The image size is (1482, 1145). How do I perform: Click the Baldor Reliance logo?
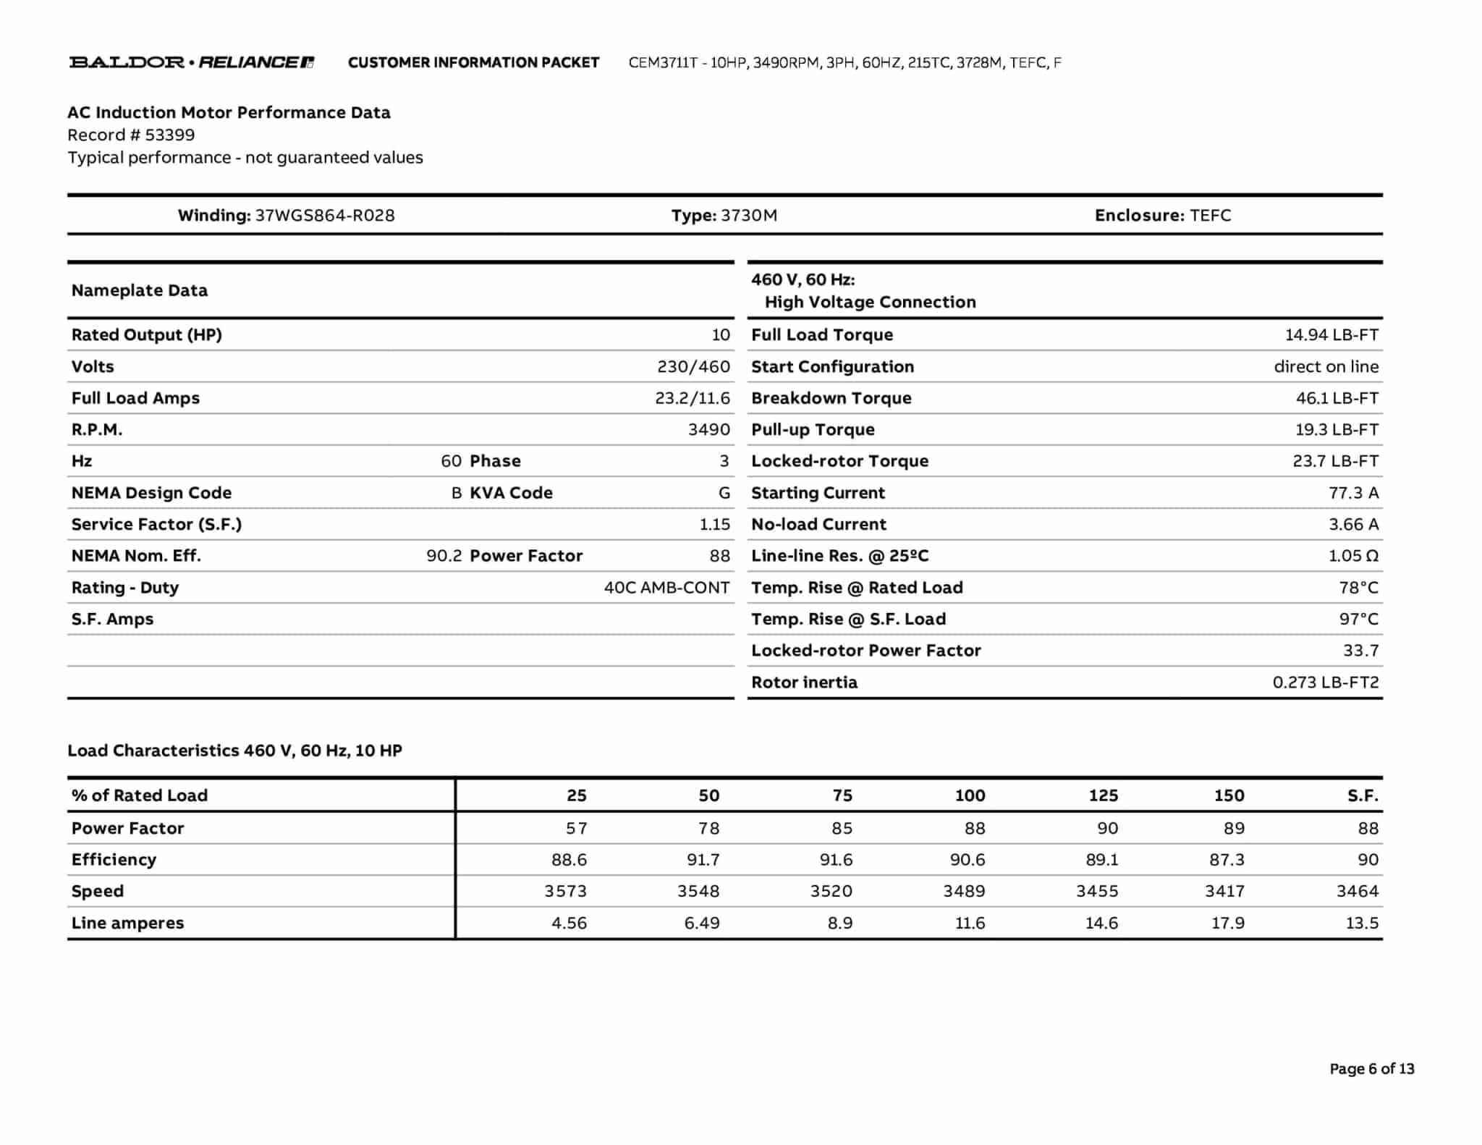tap(192, 62)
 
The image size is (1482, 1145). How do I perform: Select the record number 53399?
tap(169, 135)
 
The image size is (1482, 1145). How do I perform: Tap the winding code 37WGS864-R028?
tap(325, 215)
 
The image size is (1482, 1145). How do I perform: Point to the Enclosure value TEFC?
tap(1210, 215)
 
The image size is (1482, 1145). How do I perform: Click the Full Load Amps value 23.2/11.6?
tap(693, 398)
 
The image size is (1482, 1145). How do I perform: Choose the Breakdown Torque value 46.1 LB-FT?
tap(1337, 398)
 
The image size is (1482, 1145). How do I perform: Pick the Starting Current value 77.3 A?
tap(1353, 493)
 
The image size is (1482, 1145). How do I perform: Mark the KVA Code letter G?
tap(724, 493)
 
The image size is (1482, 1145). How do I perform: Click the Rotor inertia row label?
tap(804, 682)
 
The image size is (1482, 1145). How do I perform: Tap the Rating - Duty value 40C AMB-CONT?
tap(666, 588)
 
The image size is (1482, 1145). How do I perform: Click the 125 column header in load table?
tap(1103, 795)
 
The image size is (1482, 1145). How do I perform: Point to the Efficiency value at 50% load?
tap(703, 860)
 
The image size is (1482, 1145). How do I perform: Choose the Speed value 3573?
tap(565, 891)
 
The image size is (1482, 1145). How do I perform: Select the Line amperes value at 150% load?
tap(1227, 923)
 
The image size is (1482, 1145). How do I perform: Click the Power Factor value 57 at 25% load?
tap(576, 828)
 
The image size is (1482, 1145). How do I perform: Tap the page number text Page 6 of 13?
tap(1371, 1069)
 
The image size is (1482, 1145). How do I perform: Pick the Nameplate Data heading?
tap(139, 290)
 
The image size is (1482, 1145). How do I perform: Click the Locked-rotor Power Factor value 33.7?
tap(1360, 651)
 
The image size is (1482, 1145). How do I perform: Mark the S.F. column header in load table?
tap(1363, 795)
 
